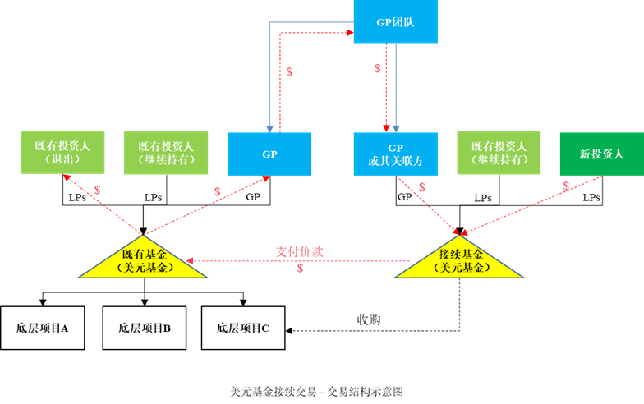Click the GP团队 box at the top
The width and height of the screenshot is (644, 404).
pyautogui.click(x=395, y=22)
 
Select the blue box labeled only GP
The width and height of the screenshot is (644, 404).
pyautogui.click(x=269, y=154)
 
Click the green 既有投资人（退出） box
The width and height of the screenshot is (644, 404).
pyautogui.click(x=62, y=152)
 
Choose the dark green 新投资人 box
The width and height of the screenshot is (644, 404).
pyautogui.click(x=601, y=154)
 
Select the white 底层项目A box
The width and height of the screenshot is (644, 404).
pyautogui.click(x=42, y=328)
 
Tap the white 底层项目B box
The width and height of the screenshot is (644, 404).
pyautogui.click(x=145, y=328)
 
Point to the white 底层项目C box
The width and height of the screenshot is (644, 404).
pyautogui.click(x=243, y=328)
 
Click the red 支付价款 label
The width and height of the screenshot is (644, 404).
pyautogui.click(x=299, y=251)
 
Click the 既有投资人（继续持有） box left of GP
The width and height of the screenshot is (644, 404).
pyautogui.click(x=165, y=152)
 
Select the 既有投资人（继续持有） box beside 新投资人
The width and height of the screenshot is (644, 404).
pyautogui.click(x=499, y=152)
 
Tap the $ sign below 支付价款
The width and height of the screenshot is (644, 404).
pyautogui.click(x=300, y=268)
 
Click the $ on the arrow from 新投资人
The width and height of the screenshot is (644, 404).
pyautogui.click(x=566, y=186)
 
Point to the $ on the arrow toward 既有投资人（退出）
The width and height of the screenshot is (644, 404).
pyautogui.click(x=98, y=190)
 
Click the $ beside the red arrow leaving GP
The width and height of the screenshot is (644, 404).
pyautogui.click(x=288, y=71)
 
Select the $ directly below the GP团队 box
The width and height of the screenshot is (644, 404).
pyautogui.click(x=378, y=68)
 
